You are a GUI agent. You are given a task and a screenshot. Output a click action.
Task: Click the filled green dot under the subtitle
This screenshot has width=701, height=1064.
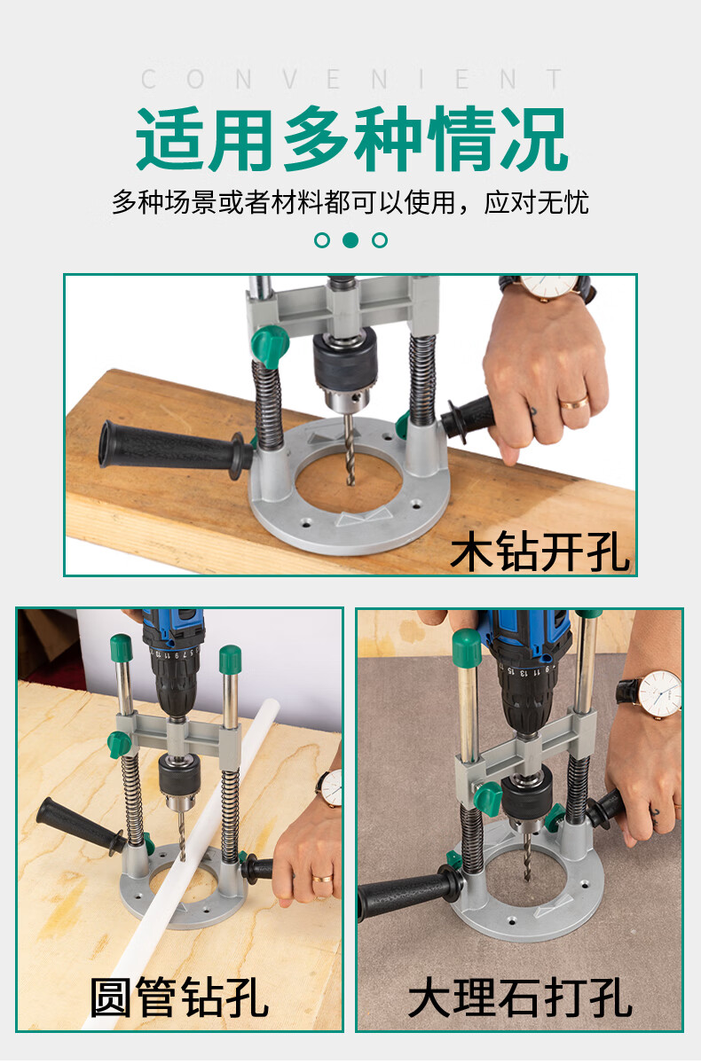coord(350,240)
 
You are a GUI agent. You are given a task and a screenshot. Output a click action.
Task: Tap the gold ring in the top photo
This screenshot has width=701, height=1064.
coord(573,403)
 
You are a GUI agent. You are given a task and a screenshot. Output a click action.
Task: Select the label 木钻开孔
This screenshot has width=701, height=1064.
coord(539,551)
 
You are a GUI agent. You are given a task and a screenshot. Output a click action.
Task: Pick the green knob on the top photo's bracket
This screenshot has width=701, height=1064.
coord(270,345)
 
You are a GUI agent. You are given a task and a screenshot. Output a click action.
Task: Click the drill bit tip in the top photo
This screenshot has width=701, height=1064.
coord(351,482)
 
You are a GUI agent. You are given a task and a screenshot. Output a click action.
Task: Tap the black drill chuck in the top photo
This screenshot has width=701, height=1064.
coord(345,355)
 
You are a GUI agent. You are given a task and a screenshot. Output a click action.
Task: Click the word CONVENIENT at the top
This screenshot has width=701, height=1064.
coord(352,79)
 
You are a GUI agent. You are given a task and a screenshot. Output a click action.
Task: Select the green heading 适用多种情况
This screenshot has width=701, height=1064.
coord(351,138)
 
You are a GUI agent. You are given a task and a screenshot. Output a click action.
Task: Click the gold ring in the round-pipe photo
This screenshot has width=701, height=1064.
coord(323,879)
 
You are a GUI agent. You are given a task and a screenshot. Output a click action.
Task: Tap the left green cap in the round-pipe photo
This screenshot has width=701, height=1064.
coord(121,649)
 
